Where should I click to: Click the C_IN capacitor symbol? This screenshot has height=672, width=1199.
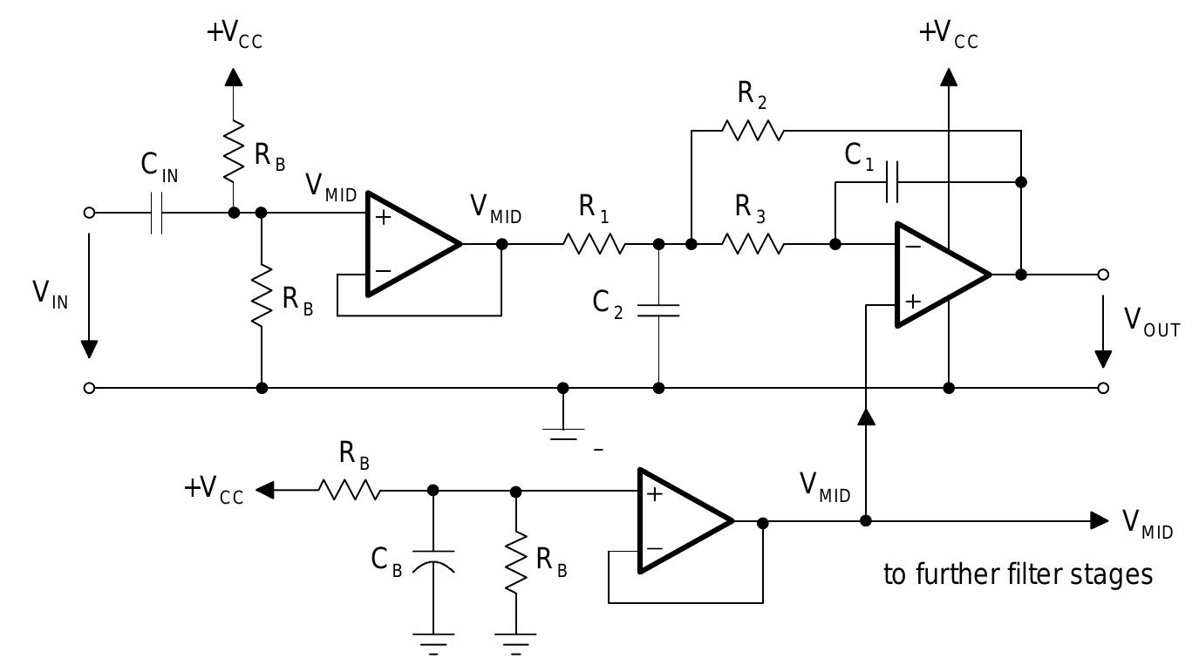coord(156,212)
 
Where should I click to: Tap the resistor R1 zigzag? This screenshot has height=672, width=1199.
coord(594,244)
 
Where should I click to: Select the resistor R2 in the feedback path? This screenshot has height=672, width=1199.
coord(752,131)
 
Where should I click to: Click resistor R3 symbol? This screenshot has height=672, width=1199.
coord(753,244)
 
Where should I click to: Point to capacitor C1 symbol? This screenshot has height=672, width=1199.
coord(891,182)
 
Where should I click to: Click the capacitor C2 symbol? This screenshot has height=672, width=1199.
coord(658,310)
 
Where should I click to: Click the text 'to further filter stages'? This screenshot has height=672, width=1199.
coord(1018,575)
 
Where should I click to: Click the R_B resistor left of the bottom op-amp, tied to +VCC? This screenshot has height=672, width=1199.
coord(349,491)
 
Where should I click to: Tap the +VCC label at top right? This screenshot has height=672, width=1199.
coord(949,36)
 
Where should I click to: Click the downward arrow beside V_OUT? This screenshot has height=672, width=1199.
coord(1103,336)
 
